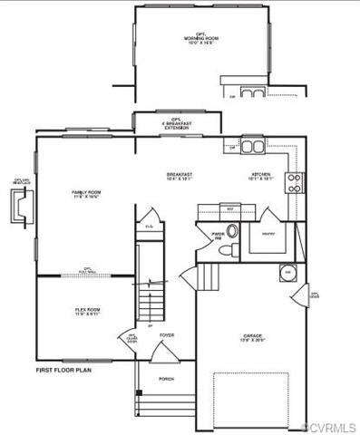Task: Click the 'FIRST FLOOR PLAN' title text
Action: (x=63, y=370)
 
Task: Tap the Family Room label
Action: (x=87, y=195)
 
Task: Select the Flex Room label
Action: (x=87, y=313)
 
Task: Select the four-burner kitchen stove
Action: (x=294, y=183)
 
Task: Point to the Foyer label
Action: (x=167, y=336)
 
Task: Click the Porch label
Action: (x=167, y=379)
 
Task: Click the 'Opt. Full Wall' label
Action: (x=88, y=270)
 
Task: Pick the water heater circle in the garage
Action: (x=287, y=272)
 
